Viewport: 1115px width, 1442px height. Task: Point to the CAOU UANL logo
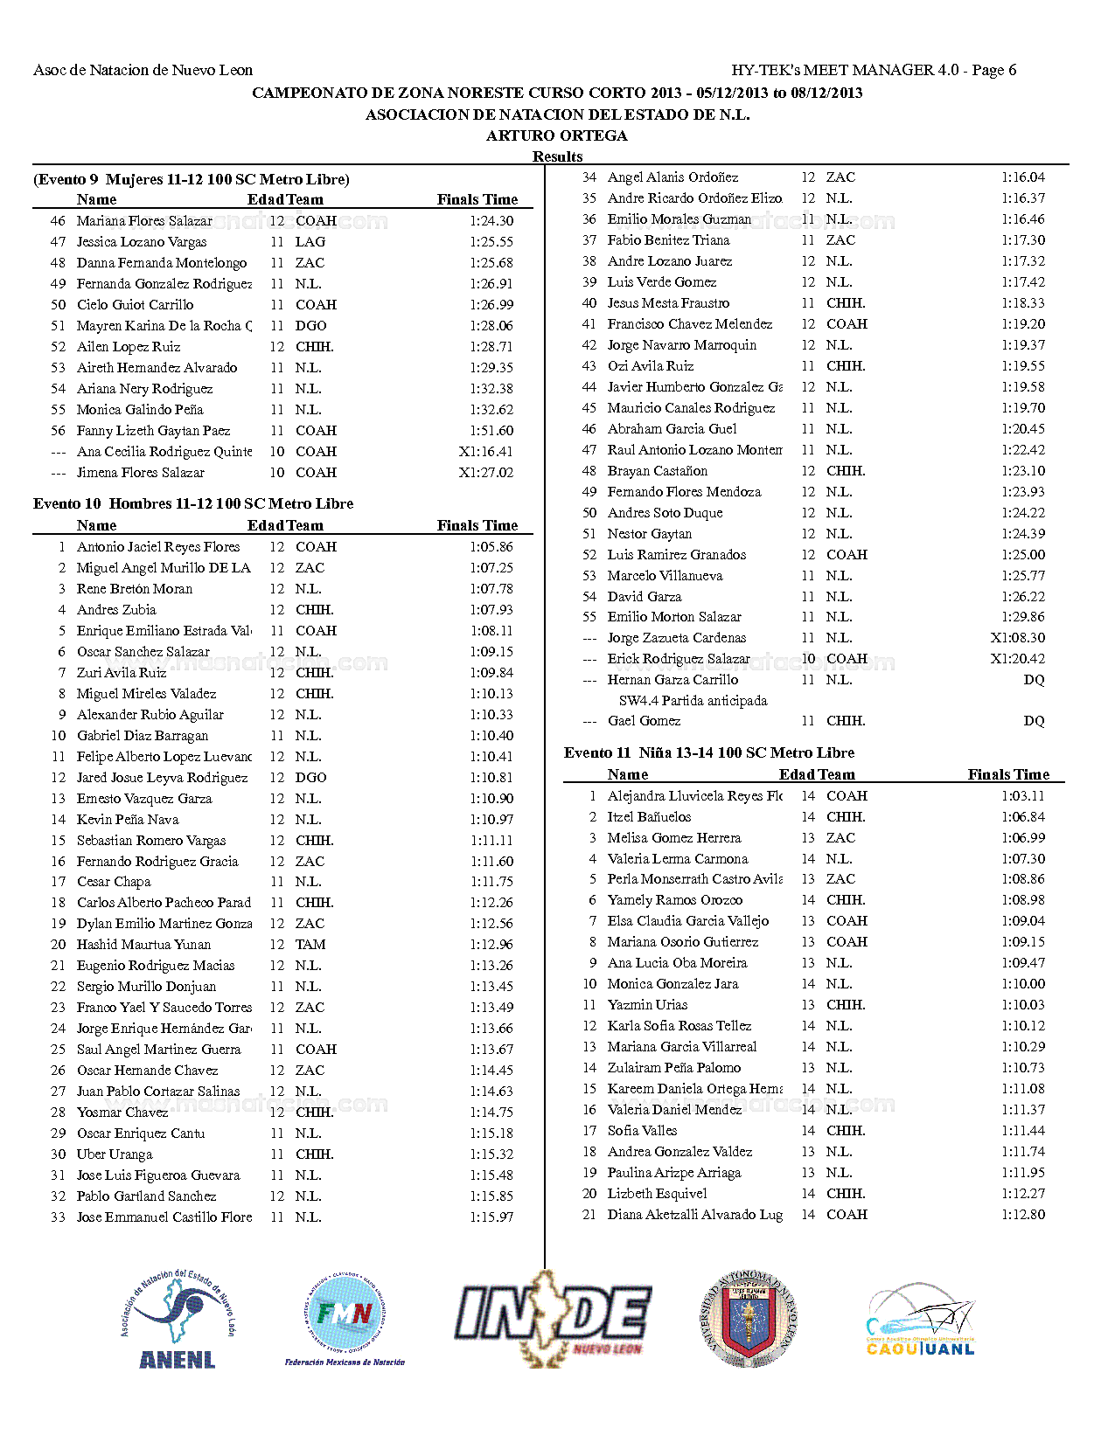pos(920,1320)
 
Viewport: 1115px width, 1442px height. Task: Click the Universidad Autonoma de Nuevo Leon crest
pos(749,1318)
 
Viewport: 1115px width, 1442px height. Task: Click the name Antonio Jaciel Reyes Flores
pos(158,547)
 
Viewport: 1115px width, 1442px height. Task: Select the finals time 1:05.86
pos(491,547)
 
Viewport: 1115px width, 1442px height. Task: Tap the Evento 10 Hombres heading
pos(193,504)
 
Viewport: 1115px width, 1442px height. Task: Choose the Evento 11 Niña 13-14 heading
pos(708,753)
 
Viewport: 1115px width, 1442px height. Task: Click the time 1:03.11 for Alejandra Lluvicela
pos(1022,796)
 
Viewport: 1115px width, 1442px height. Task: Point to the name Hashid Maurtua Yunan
pos(143,945)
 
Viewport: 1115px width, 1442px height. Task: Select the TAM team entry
pos(310,945)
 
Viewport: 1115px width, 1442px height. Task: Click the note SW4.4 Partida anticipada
pos(693,701)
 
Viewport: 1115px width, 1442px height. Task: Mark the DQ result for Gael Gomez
pos(1034,721)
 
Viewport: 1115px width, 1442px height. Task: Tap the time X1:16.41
pos(485,452)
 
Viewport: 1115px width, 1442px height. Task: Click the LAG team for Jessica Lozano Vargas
pos(310,242)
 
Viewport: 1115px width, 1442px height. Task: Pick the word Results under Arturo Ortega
pos(557,156)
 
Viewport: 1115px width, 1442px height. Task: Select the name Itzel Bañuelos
pos(649,817)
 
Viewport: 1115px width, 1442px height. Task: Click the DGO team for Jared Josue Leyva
pos(310,778)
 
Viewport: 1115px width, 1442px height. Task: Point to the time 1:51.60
pos(491,431)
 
